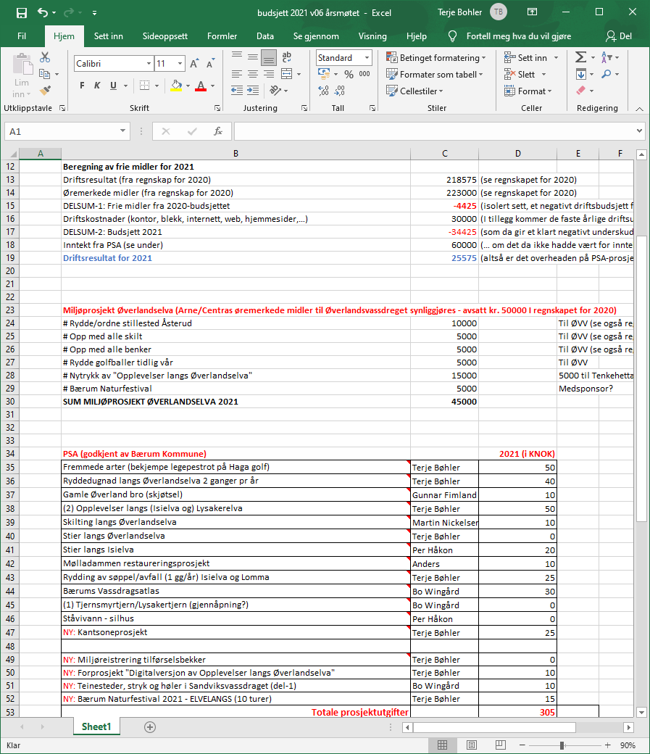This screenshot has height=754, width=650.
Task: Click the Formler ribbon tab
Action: [222, 36]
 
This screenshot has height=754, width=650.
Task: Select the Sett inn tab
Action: [109, 36]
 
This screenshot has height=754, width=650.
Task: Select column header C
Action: [444, 153]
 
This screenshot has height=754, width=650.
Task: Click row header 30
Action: [10, 401]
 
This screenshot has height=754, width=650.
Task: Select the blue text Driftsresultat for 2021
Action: [107, 258]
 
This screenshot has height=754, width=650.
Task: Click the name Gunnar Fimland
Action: [444, 494]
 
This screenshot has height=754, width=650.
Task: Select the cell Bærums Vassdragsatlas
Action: [106, 591]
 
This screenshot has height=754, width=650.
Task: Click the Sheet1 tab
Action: [96, 726]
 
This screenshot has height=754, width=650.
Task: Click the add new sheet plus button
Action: [150, 726]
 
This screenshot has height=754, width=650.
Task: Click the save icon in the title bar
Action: [21, 13]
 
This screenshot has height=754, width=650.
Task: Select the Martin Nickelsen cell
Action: [444, 522]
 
